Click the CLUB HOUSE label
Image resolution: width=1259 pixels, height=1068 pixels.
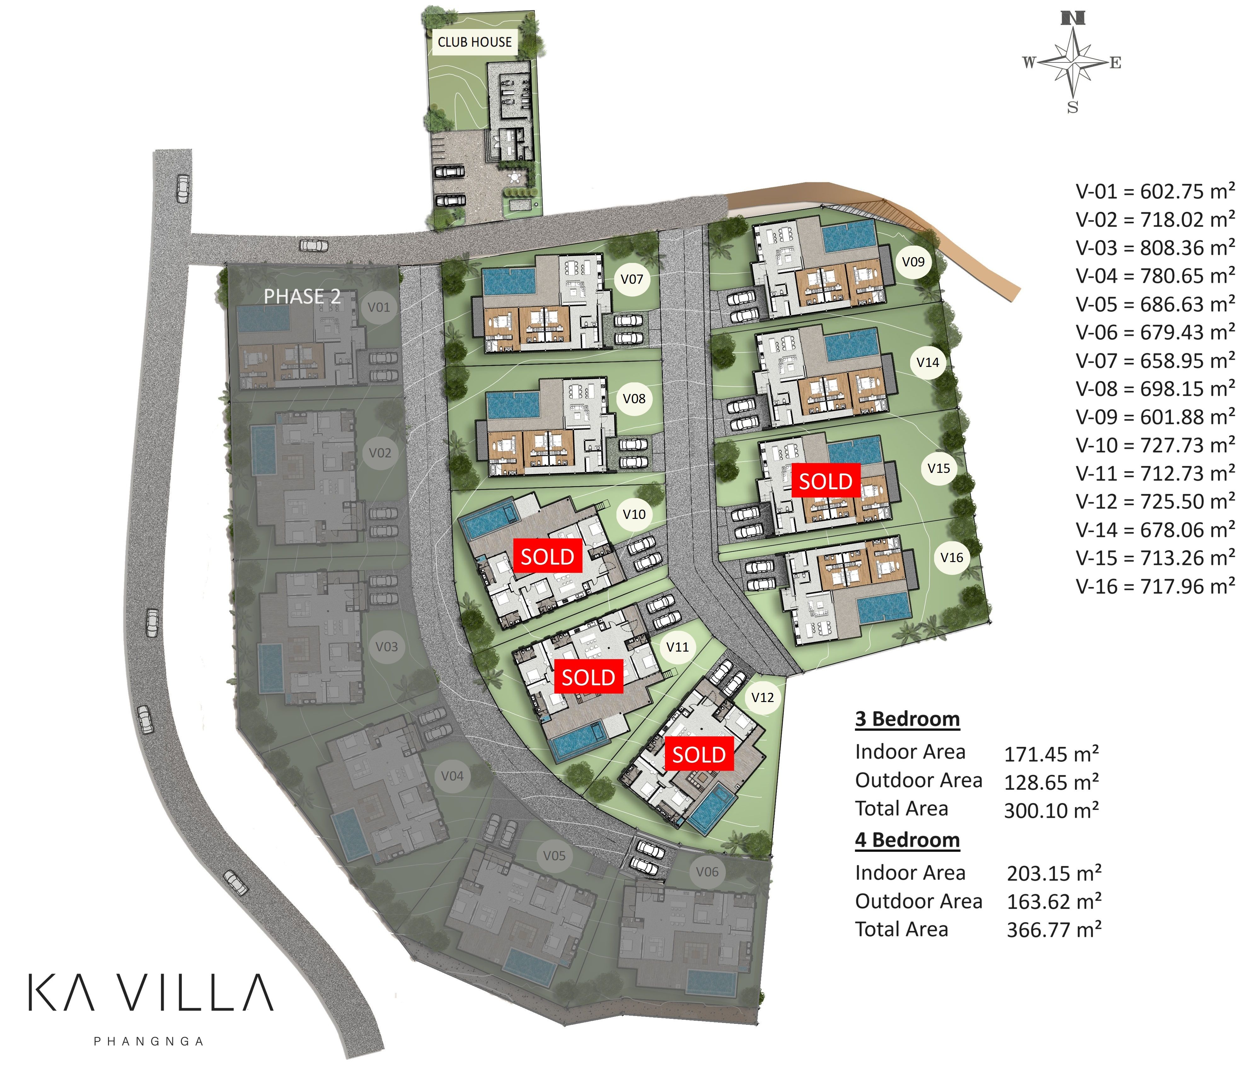click(475, 42)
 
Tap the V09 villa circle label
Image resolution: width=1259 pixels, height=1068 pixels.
click(913, 262)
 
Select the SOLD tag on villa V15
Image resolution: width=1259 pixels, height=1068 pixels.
click(826, 481)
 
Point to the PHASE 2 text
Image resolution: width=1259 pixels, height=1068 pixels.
click(302, 297)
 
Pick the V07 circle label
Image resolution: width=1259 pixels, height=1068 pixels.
click(632, 279)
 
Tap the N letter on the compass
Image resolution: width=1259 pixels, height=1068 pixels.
click(1072, 18)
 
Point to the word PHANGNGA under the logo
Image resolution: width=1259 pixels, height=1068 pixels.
click(149, 1041)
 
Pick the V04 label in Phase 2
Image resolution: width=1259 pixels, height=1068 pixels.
click(452, 775)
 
